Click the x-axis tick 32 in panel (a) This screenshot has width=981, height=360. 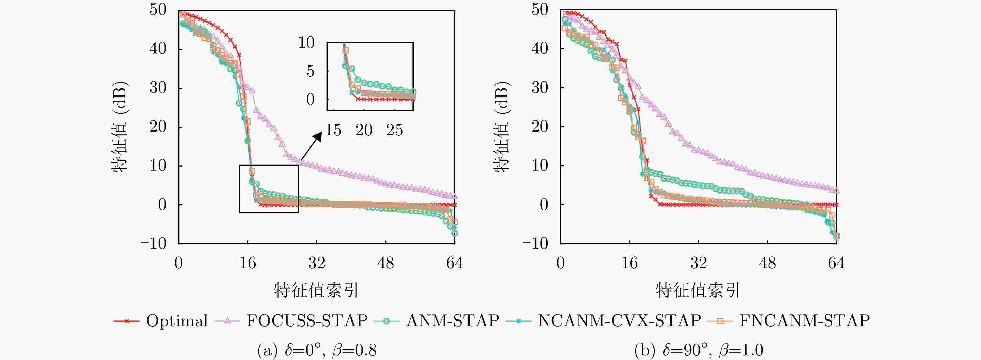point(316,263)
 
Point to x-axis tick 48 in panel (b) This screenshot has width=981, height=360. point(767,263)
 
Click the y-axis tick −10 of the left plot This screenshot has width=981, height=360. point(154,243)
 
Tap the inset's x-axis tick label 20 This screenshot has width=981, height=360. point(364,130)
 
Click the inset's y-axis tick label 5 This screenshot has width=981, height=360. point(310,71)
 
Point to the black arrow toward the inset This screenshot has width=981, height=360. point(311,147)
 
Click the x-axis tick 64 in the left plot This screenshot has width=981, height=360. point(454,263)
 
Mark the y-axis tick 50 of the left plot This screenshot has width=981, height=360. point(158,10)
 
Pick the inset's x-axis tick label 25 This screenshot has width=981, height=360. point(394,130)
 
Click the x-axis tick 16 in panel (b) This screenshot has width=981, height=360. point(630,263)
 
